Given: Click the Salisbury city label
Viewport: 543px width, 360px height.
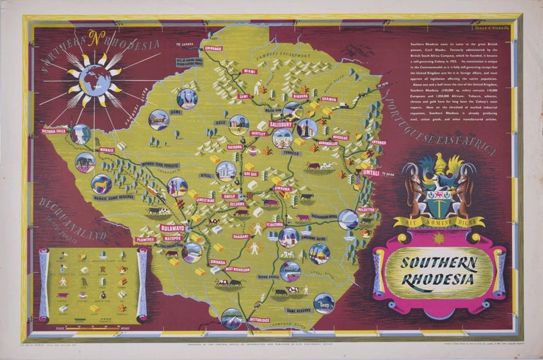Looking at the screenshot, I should [x=281, y=124].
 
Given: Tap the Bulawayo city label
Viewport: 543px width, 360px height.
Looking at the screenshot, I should [x=172, y=228].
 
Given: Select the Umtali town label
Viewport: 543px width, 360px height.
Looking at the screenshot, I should [x=370, y=172].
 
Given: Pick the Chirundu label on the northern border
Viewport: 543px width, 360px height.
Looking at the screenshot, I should [x=213, y=49].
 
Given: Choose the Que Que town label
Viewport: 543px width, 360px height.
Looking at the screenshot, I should [x=250, y=173].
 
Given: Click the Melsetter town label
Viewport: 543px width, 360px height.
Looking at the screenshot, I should [x=366, y=209].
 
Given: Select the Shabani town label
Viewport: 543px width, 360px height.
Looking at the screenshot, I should [x=241, y=236].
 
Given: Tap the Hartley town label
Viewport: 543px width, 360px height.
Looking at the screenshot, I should [x=258, y=133].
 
